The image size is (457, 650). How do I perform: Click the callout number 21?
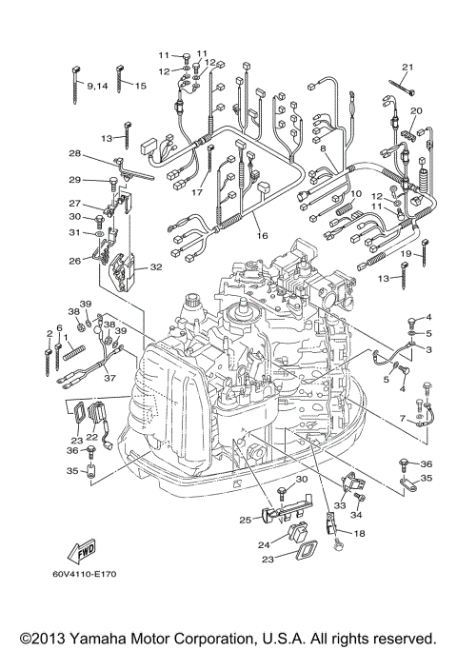(x=408, y=67)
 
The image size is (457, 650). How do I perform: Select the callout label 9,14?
(x=97, y=87)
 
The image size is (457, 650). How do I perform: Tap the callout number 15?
(x=140, y=87)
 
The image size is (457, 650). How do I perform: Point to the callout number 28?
(x=73, y=153)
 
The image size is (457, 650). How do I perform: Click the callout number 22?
(x=92, y=437)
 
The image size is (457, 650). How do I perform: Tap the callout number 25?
(x=245, y=520)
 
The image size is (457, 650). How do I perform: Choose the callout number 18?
(x=359, y=535)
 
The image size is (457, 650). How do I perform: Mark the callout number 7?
(x=403, y=418)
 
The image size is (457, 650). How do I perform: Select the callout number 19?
(x=405, y=255)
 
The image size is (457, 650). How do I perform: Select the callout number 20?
(x=416, y=111)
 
